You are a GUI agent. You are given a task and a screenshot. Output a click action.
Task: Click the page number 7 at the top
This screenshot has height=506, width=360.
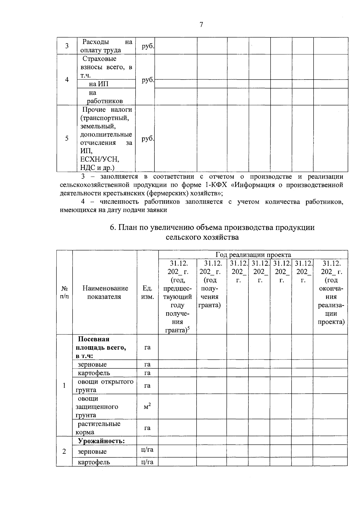click(201, 25)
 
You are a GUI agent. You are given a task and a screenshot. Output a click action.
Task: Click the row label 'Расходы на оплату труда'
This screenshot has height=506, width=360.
click(107, 46)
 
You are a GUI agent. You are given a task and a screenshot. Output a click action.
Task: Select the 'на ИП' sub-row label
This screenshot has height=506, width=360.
click(99, 84)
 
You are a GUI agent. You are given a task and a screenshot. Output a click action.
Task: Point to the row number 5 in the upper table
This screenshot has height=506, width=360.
click(67, 138)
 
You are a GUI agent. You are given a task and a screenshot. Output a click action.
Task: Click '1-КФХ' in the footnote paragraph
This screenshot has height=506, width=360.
click(215, 185)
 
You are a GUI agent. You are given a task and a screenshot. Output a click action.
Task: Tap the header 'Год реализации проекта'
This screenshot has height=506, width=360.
click(253, 255)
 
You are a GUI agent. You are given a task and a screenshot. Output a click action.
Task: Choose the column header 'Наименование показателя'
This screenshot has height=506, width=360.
click(105, 292)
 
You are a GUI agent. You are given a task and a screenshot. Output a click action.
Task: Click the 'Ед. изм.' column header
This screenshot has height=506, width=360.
click(147, 292)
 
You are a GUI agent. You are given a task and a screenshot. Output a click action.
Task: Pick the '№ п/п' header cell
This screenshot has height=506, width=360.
click(64, 292)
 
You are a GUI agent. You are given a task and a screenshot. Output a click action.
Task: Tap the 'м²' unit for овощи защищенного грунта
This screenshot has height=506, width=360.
click(147, 407)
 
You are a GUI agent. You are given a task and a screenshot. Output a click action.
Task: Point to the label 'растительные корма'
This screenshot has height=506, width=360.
click(99, 428)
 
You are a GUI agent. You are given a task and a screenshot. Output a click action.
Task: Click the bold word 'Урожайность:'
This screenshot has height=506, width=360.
click(101, 441)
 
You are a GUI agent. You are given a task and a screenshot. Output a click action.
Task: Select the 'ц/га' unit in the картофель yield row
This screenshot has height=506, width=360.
click(147, 462)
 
